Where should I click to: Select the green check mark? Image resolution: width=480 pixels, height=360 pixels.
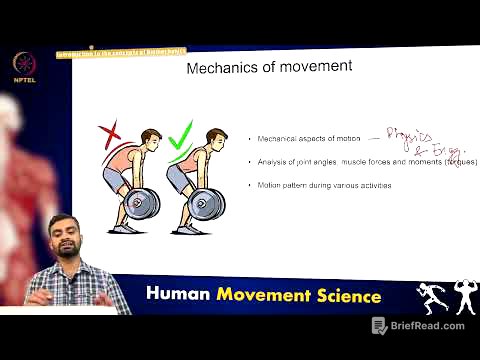(181, 133)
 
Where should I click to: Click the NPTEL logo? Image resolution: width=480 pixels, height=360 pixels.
(22, 62)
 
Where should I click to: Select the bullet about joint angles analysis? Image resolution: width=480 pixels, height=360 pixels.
(367, 162)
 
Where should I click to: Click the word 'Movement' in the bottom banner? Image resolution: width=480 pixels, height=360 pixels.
(265, 296)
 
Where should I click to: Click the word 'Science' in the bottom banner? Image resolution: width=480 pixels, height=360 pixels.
(345, 296)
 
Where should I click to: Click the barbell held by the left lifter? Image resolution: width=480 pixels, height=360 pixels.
(139, 203)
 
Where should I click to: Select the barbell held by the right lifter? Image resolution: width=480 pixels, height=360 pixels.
(206, 203)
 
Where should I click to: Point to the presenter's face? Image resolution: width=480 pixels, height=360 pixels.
(65, 241)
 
